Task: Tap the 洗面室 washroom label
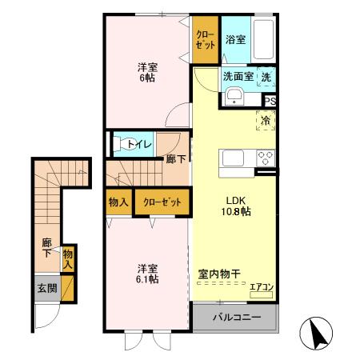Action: tap(238, 77)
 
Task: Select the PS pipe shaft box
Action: tap(270, 101)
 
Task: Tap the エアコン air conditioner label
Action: tap(262, 286)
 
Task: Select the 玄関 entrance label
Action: tap(46, 288)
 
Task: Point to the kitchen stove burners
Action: tap(266, 158)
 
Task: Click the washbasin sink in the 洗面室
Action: tap(234, 98)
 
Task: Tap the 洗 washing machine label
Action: tap(267, 78)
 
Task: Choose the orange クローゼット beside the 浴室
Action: tap(206, 40)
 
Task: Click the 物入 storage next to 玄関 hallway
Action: tap(69, 258)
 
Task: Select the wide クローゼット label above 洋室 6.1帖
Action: tap(162, 202)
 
